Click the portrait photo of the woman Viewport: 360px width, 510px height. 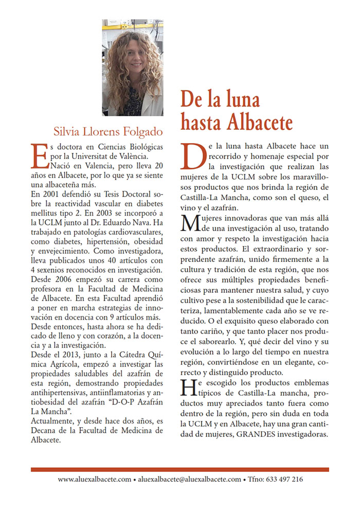(133, 67)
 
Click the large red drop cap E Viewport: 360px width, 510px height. (41, 155)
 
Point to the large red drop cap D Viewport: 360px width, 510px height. (193, 155)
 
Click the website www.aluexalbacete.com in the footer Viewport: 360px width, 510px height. (94, 479)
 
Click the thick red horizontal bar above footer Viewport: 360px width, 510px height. (179, 469)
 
